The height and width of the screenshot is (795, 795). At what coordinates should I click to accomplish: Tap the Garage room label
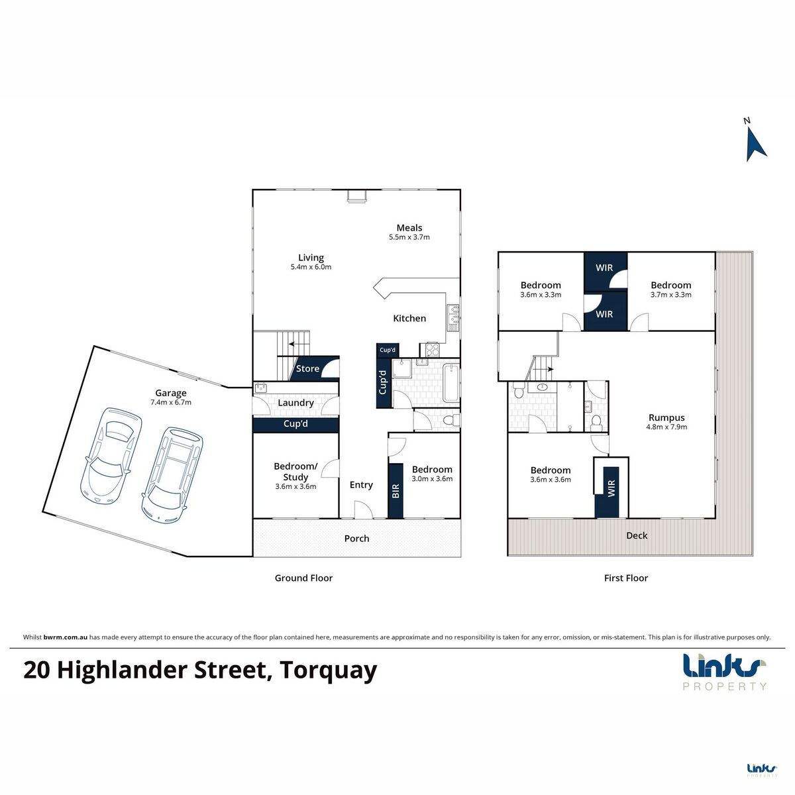[x=171, y=393]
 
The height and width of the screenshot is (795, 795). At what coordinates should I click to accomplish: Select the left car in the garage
[x=111, y=456]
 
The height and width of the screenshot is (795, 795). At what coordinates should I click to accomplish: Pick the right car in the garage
[x=172, y=475]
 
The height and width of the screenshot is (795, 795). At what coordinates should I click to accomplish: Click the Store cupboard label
[x=307, y=368]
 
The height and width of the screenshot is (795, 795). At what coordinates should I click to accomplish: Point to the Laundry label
[x=295, y=403]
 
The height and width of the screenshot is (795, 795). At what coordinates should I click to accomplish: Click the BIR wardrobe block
[x=396, y=491]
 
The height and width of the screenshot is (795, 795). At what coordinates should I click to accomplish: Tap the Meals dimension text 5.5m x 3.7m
[x=409, y=237]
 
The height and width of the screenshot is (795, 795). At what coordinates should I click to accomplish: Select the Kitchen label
[x=409, y=318]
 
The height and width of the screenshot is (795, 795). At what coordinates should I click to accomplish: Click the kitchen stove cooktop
[x=433, y=350]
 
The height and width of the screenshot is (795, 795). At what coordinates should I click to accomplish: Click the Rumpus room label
[x=666, y=417]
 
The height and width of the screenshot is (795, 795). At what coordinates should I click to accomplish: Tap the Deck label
[x=637, y=535]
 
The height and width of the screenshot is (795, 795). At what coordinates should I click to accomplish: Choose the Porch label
[x=357, y=539]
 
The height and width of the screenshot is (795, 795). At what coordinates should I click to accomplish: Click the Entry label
[x=361, y=485]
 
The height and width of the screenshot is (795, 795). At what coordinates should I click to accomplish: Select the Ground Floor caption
[x=303, y=578]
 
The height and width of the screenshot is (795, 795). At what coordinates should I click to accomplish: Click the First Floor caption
[x=626, y=578]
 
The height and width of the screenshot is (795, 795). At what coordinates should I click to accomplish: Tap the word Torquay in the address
[x=329, y=670]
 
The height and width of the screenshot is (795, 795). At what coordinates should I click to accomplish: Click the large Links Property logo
[x=724, y=672]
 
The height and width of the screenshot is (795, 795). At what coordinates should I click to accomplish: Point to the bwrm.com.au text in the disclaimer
[x=65, y=637]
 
